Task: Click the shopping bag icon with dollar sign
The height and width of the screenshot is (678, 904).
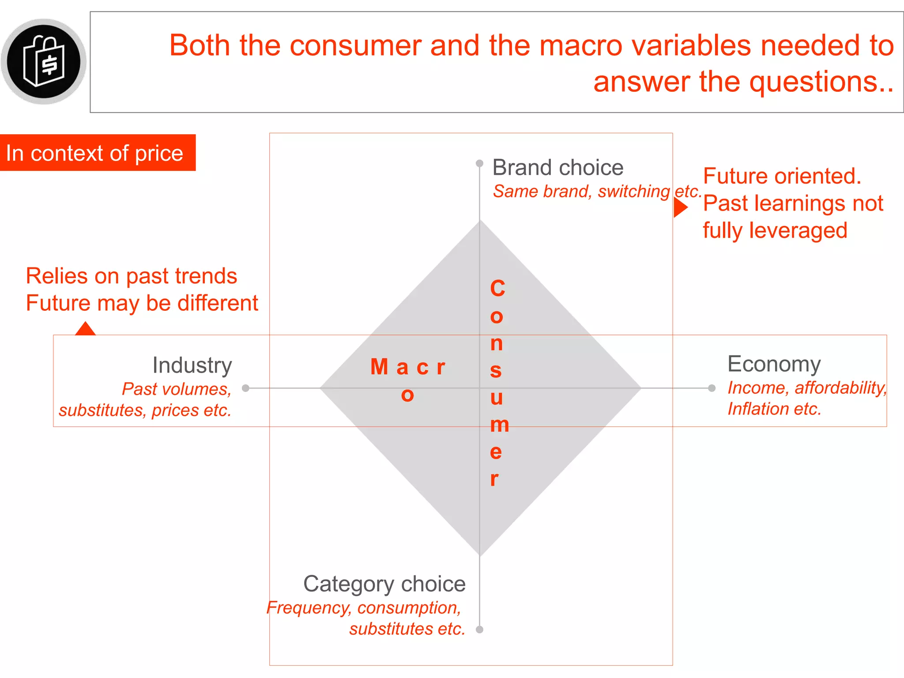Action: (44, 61)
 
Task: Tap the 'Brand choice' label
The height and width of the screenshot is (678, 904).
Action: (557, 168)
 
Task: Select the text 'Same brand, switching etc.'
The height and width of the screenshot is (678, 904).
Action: (597, 191)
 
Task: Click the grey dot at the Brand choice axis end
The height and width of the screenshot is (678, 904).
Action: (479, 163)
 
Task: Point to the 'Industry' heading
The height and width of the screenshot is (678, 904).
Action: (192, 365)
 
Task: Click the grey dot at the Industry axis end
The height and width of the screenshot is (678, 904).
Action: (246, 388)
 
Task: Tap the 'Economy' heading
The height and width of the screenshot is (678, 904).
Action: (774, 364)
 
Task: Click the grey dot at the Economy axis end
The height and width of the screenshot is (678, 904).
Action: (712, 388)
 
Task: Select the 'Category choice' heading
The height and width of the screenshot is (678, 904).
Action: (384, 584)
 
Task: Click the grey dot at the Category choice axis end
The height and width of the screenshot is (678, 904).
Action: (480, 629)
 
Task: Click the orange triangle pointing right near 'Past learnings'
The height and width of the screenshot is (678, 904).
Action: (680, 207)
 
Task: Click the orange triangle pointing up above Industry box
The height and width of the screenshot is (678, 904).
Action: (85, 329)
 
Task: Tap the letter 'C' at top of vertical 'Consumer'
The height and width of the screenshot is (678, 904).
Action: (497, 289)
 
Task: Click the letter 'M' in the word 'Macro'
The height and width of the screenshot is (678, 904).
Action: (379, 367)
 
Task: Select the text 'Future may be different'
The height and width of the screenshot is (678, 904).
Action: (142, 303)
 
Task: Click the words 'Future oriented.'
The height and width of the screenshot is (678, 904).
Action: (782, 176)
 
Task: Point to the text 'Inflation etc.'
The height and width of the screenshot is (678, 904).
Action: (774, 409)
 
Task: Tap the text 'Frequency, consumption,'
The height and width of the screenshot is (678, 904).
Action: (364, 607)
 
